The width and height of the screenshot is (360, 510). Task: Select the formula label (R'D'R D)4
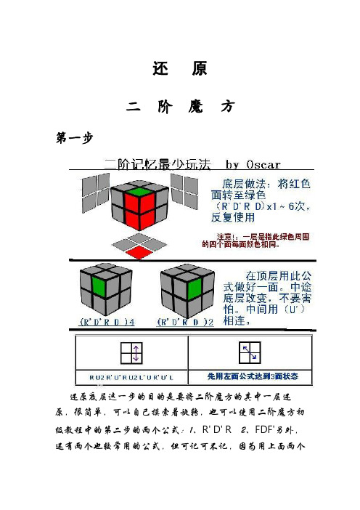click(102, 320)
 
